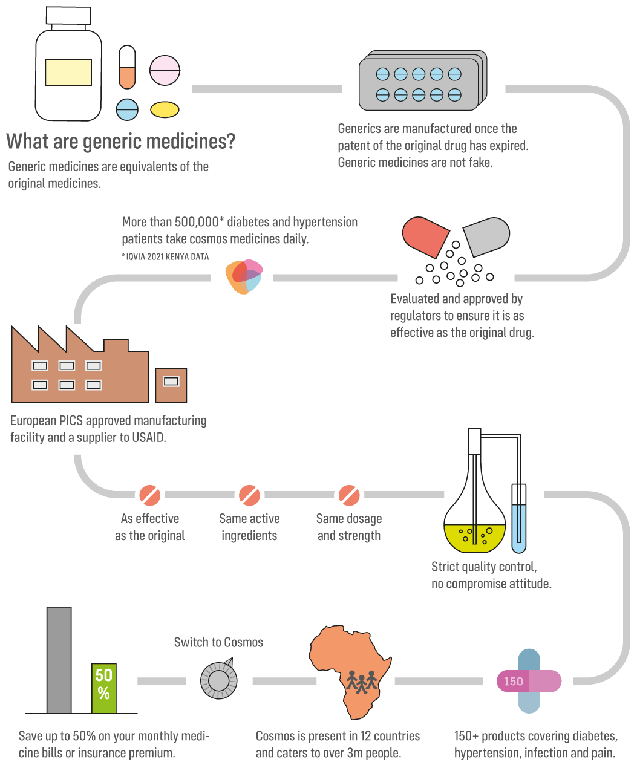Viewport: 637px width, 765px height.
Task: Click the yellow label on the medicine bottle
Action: coord(68,73)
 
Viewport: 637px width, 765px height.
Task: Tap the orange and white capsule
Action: coord(127,67)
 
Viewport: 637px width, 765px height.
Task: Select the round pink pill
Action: coord(165,71)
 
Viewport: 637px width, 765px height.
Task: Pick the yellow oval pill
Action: coord(165,109)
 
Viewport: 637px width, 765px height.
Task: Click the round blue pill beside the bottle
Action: coord(127,109)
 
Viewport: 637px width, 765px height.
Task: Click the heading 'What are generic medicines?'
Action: coord(120,142)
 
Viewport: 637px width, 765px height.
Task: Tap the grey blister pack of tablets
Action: coord(422,82)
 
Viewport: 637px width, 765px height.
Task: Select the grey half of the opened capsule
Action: coord(488,235)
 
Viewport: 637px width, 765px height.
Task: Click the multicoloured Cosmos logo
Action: coord(244,277)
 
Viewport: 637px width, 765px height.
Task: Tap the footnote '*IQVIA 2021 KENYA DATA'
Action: coord(165,257)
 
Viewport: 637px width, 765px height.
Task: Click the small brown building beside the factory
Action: coord(171,385)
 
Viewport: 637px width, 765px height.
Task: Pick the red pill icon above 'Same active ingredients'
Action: coord(249,495)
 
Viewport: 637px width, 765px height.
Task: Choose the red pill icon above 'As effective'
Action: coord(150,495)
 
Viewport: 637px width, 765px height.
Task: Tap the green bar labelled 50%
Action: coord(104,688)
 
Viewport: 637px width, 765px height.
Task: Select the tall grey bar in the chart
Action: coord(59,660)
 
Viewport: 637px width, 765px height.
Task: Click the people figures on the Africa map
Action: coord(362,682)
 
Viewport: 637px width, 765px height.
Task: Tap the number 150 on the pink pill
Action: coord(513,682)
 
